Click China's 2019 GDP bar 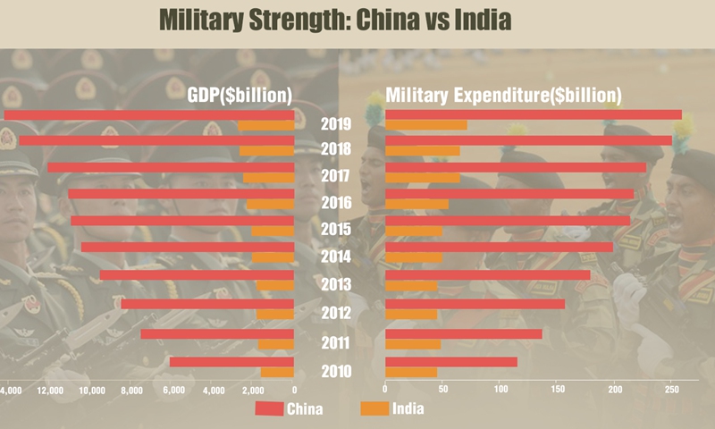tap(148, 114)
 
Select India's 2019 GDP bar tap(265, 126)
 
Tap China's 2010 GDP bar tap(231, 361)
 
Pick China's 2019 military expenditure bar tap(533, 114)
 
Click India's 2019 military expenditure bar tap(425, 125)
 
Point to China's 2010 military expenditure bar tap(450, 361)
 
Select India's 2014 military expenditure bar tap(413, 257)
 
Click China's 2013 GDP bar tap(197, 275)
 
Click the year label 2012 tap(336, 313)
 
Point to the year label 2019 tap(336, 123)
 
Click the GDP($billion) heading tap(240, 96)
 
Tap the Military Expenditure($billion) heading tap(503, 96)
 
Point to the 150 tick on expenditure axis tap(558, 391)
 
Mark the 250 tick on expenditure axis tap(672, 391)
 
